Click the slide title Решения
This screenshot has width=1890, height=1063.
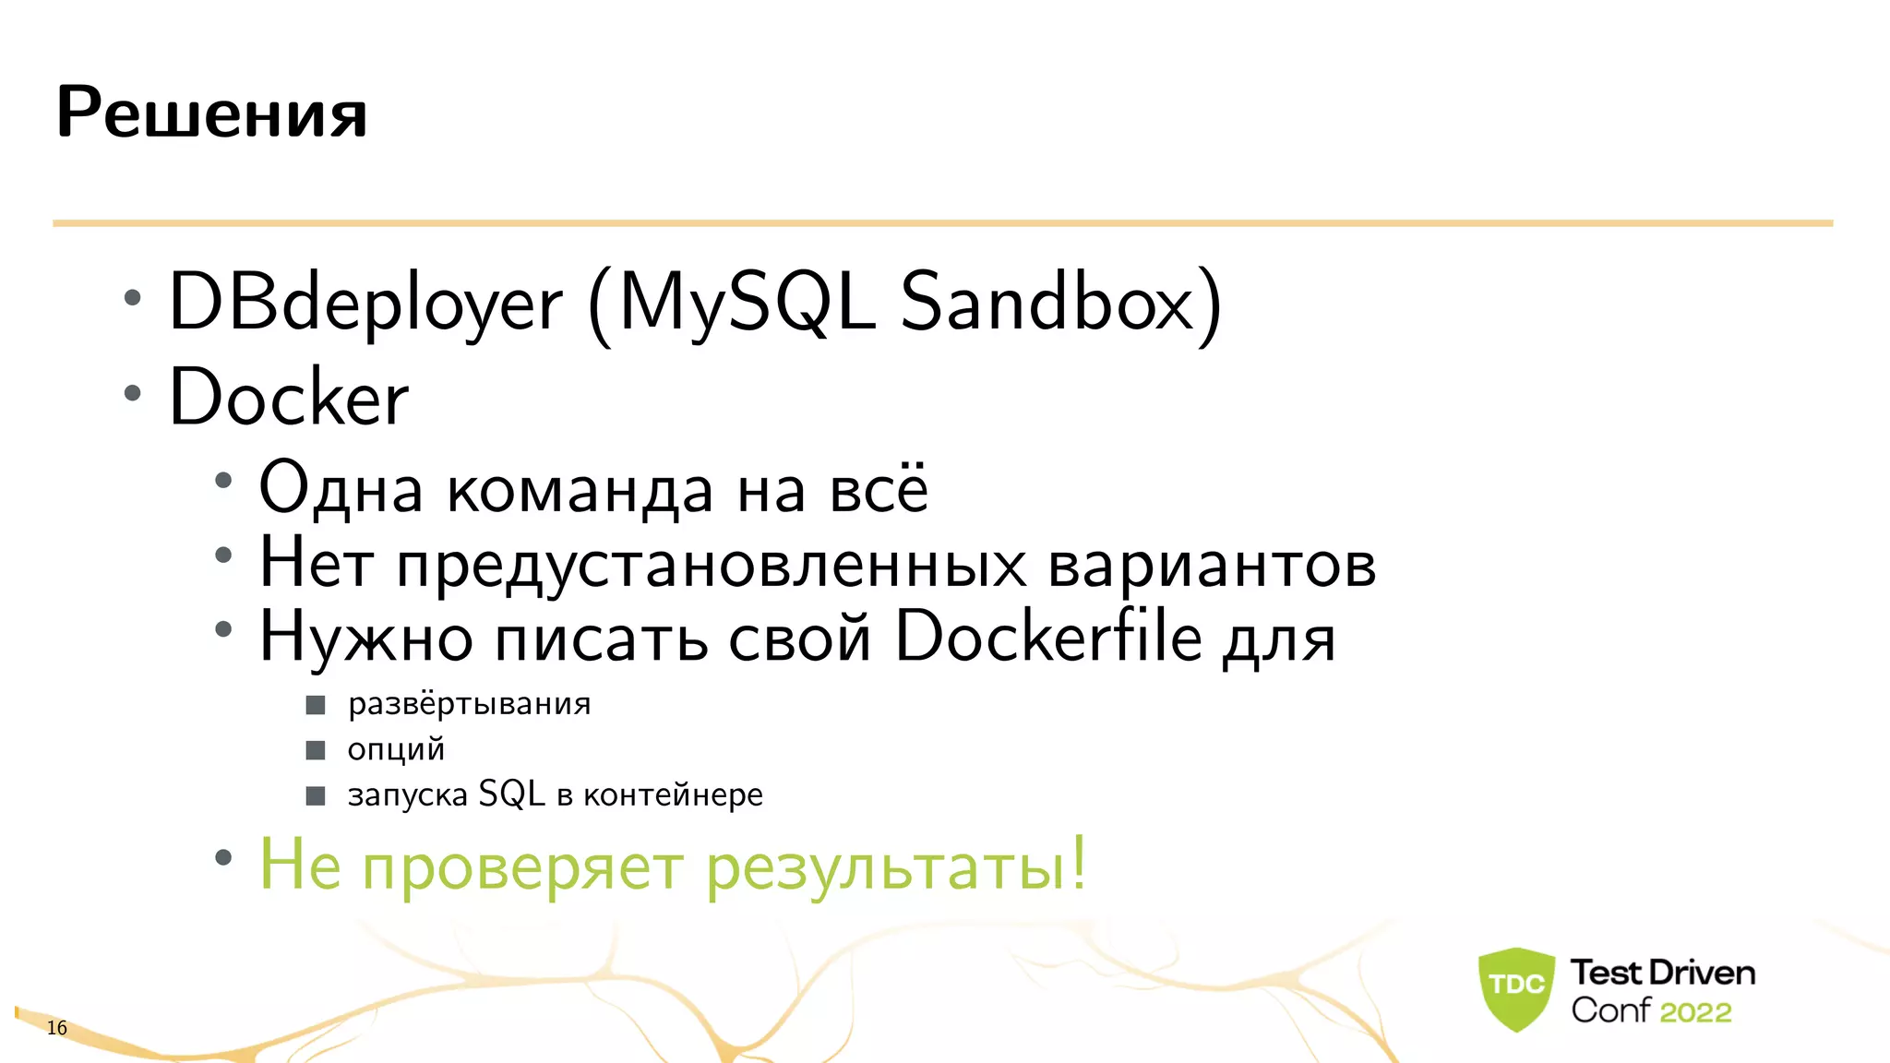[211, 113]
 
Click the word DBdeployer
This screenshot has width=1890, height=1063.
[365, 303]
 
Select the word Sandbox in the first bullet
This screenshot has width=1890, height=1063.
[1048, 303]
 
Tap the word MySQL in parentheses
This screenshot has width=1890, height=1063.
[748, 303]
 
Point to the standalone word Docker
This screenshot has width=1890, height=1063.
[289, 398]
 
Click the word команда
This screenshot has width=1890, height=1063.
[580, 490]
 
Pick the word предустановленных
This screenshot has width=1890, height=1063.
[711, 564]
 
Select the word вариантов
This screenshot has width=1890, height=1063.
[1212, 564]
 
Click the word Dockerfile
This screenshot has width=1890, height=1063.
[1049, 636]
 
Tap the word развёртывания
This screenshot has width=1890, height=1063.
[469, 705]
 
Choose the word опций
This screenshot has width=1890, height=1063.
[396, 749]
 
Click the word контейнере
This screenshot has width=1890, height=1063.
[673, 794]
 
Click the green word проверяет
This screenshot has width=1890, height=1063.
[522, 867]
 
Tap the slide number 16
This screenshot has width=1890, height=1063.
[57, 1028]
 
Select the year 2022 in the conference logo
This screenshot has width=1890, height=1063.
[1695, 1012]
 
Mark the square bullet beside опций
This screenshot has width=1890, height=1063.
[316, 750]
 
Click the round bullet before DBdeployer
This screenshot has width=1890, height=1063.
[133, 298]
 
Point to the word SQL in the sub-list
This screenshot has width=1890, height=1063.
[511, 794]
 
